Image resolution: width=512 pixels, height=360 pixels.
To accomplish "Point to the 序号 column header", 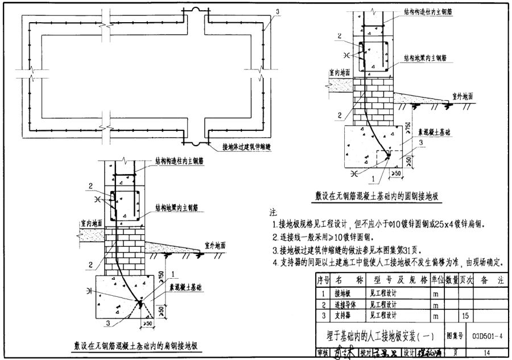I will (x=323, y=281).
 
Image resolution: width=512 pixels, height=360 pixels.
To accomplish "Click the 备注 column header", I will (x=493, y=281).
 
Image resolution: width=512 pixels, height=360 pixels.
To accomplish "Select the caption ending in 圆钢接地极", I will (x=379, y=196).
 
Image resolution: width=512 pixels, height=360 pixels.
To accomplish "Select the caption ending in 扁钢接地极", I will (x=135, y=345).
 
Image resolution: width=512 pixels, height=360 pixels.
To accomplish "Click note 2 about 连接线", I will (x=328, y=238).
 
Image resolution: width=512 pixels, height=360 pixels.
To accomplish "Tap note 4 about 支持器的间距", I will (x=389, y=263).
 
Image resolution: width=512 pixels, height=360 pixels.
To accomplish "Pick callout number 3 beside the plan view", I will (x=277, y=11).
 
